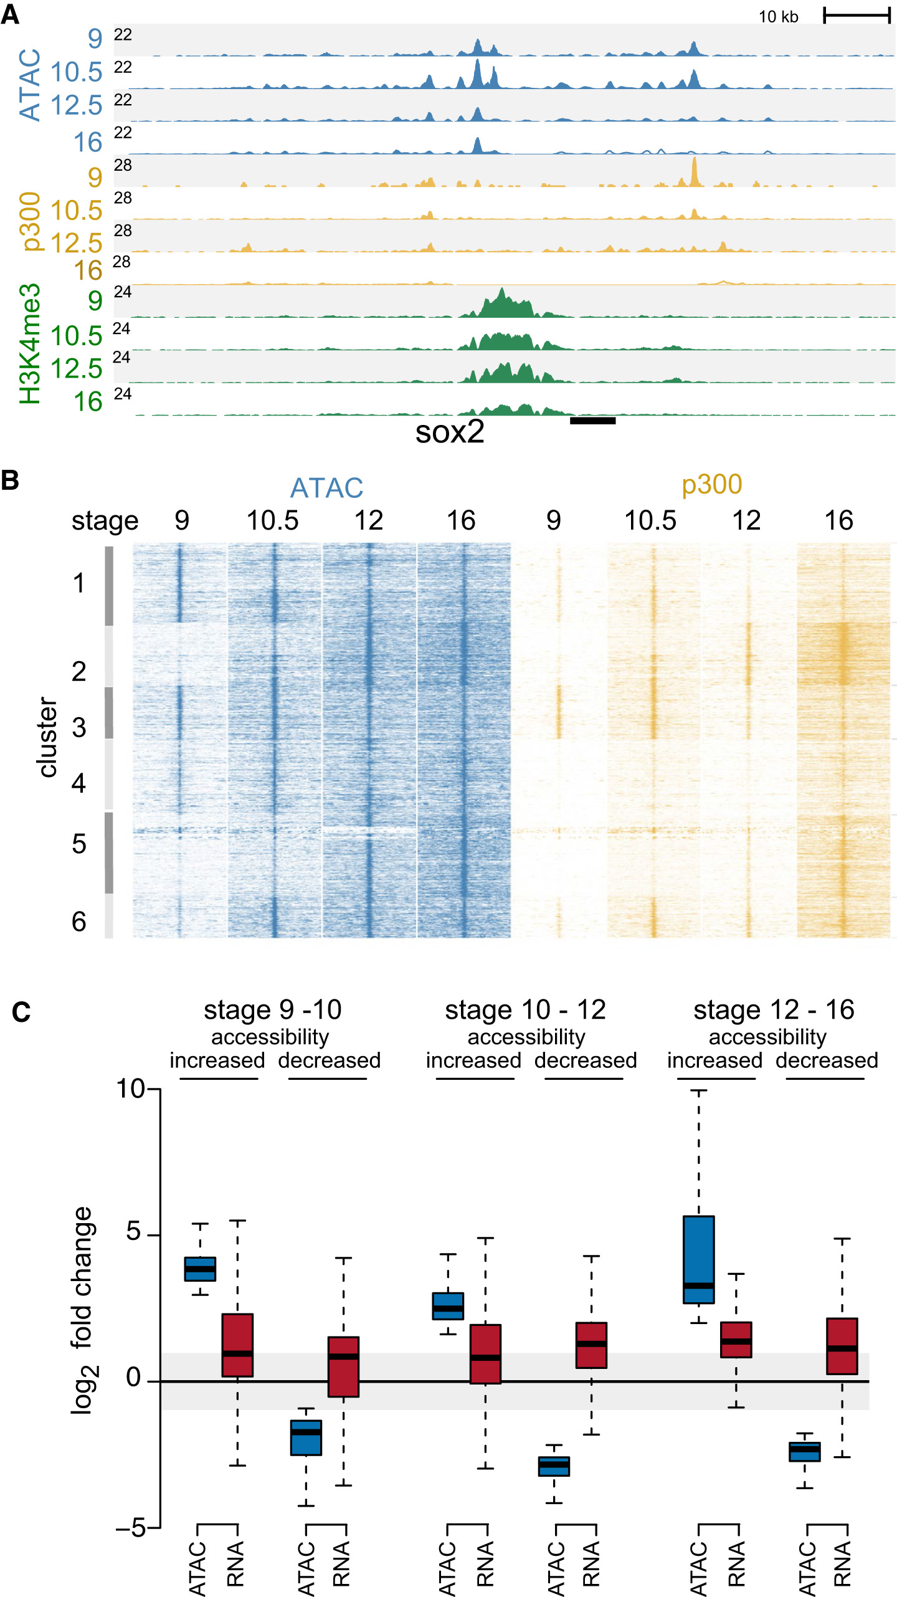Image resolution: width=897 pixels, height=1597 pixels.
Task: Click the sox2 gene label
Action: (449, 432)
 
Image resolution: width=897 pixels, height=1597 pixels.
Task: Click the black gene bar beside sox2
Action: (592, 421)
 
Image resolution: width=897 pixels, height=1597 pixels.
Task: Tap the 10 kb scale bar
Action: (857, 16)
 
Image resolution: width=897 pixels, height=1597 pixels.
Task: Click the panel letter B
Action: (10, 480)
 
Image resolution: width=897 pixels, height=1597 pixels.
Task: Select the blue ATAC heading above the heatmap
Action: (326, 488)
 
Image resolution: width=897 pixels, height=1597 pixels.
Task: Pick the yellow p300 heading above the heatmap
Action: (712, 485)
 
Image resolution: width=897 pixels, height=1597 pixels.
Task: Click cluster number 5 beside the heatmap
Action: (78, 844)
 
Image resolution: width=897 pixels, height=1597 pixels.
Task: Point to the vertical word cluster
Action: (47, 737)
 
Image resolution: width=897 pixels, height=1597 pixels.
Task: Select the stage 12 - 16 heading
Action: (774, 1010)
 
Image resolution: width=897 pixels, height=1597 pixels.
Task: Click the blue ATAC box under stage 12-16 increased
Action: (698, 1259)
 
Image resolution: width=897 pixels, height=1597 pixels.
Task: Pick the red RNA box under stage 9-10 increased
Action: (237, 1344)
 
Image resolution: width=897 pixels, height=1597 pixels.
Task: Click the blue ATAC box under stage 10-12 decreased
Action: (554, 1466)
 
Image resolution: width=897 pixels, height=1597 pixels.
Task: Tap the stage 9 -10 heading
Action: (272, 1010)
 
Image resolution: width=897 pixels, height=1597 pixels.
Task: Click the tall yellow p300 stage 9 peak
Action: (694, 171)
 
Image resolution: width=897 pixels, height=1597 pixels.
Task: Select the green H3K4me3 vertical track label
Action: (29, 343)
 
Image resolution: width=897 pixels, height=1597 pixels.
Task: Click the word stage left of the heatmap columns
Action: (105, 521)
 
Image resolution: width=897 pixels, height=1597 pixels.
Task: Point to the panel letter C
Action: (21, 1013)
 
